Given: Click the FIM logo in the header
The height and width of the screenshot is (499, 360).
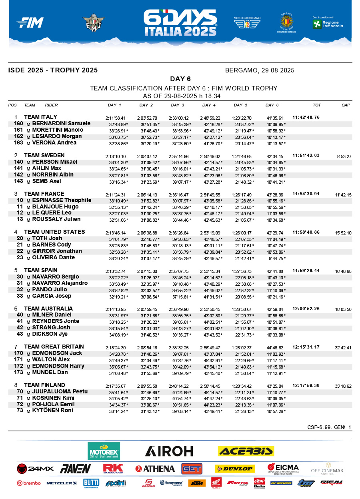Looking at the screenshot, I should (30, 23).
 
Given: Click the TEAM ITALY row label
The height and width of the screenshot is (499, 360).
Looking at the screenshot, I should (40, 117).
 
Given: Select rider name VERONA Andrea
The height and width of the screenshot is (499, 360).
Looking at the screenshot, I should (54, 142).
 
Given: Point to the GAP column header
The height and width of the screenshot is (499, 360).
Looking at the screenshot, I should (346, 105).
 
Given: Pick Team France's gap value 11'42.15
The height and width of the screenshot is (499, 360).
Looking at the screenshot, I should (343, 194).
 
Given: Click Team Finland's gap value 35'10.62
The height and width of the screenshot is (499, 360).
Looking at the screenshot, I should (343, 386).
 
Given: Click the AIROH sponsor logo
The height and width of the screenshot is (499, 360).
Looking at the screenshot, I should (169, 451).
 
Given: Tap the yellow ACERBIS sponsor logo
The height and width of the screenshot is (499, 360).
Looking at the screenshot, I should (246, 451).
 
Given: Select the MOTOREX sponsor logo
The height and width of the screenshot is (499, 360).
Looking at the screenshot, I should (104, 451).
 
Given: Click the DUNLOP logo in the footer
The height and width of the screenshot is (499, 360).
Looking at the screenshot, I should (234, 469).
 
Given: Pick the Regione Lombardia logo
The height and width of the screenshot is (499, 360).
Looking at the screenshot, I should (328, 23).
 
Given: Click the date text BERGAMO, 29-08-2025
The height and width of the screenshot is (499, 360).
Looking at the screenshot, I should (260, 70).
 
